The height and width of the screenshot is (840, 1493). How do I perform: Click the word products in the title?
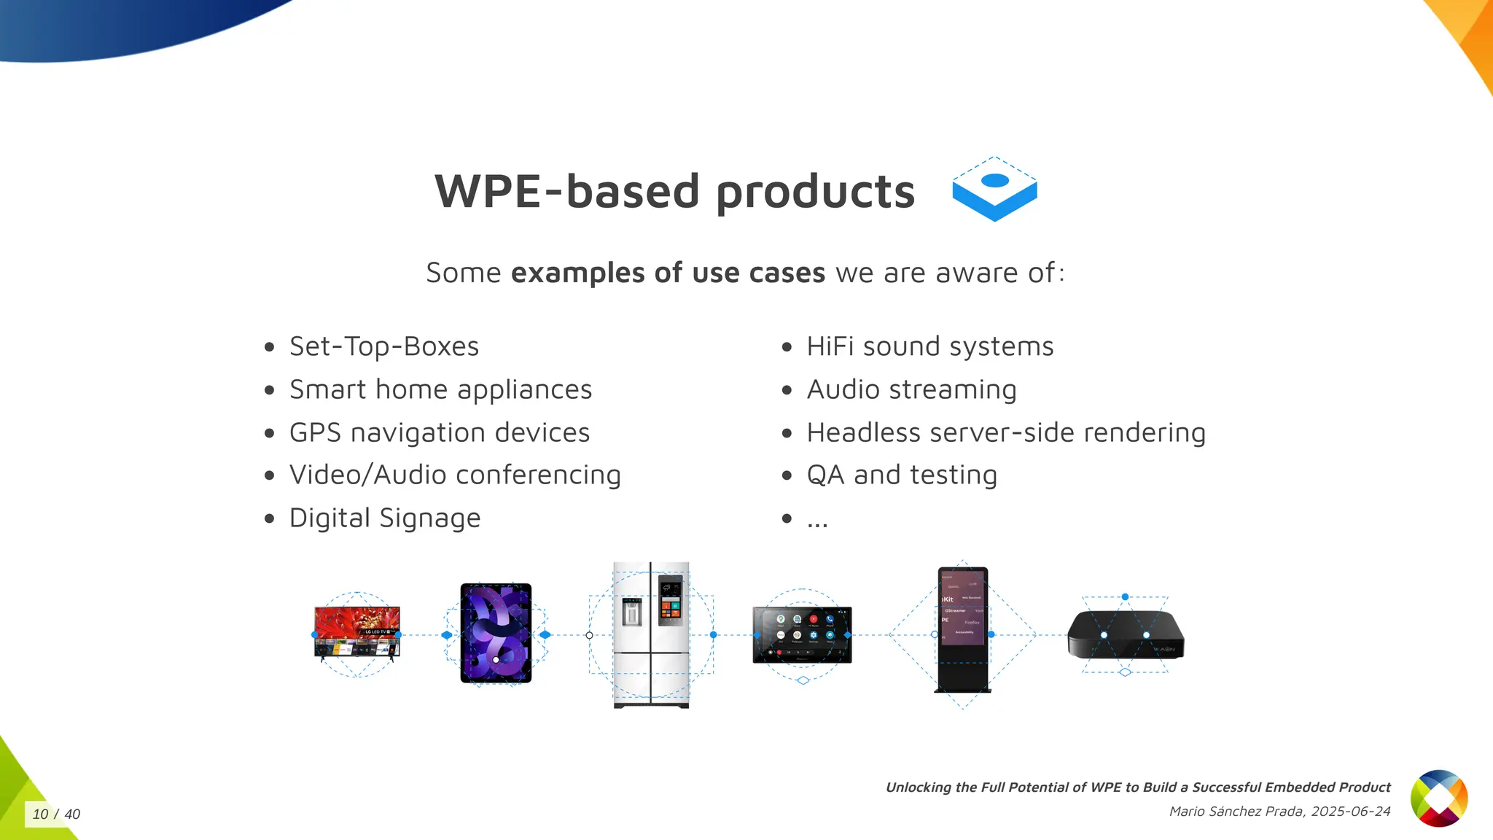815,192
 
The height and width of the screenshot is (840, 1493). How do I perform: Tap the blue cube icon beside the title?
994,190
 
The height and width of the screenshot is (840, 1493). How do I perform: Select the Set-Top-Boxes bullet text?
383,346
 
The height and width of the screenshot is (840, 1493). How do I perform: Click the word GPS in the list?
315,432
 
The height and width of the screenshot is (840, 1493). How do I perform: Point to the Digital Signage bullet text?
384,518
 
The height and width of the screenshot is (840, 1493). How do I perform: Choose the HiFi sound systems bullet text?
929,346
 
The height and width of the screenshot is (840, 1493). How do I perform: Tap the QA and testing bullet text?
901,475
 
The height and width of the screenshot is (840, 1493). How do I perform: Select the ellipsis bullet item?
817,520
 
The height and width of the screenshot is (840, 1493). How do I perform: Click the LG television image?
356,632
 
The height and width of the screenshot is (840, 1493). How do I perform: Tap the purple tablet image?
496,633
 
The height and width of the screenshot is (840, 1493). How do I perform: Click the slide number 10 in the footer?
40,814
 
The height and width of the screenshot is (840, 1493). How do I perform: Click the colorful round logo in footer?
1438,798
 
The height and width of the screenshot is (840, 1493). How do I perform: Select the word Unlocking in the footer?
918,787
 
